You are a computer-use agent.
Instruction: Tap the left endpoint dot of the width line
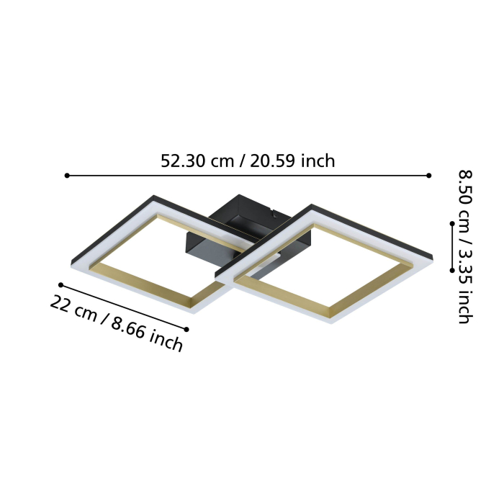pos(67,175)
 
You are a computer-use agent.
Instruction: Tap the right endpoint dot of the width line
pos(429,175)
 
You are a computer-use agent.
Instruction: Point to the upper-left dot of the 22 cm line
pos(61,285)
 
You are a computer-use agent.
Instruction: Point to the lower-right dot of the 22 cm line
pos(186,329)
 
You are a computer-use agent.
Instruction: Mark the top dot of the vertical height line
pos(451,224)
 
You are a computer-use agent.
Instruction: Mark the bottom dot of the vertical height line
pos(451,270)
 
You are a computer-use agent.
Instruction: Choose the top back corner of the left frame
pos(153,197)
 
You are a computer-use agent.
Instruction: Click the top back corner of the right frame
pos(312,207)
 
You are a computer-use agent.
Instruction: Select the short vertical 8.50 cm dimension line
pos(451,247)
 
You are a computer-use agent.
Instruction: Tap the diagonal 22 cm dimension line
pos(124,307)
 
